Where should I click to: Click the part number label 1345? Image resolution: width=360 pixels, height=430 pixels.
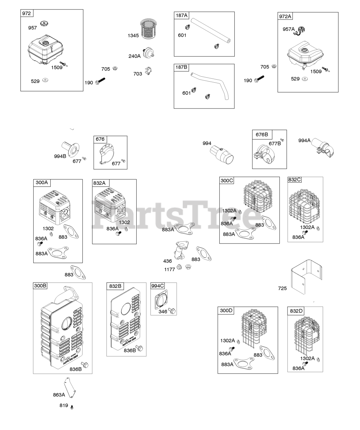(133, 35)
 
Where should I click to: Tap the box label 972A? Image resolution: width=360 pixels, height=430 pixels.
(285, 16)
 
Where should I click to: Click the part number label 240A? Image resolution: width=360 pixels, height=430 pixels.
(134, 56)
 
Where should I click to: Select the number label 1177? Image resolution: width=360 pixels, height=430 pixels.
(170, 269)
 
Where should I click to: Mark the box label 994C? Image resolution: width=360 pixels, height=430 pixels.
(157, 286)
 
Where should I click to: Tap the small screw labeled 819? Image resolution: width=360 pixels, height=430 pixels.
(72, 406)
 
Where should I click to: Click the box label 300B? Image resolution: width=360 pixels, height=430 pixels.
(40, 286)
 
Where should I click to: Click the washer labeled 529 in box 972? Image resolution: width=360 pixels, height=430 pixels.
(45, 81)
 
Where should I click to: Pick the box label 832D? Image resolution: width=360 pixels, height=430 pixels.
(296, 311)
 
